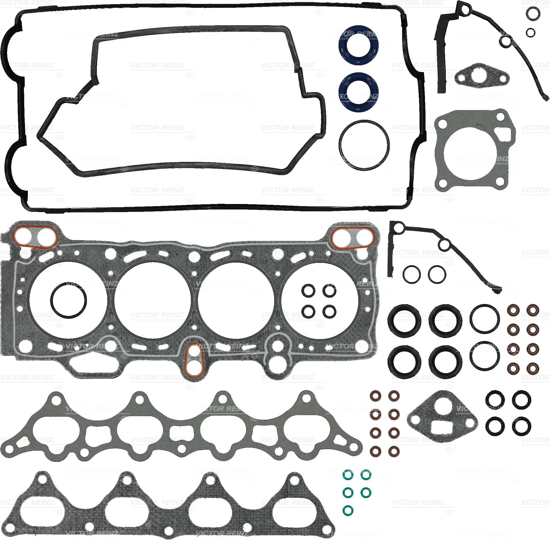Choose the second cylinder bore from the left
[x=152, y=300]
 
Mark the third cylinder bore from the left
[x=236, y=300]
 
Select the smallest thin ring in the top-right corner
[x=530, y=32]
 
